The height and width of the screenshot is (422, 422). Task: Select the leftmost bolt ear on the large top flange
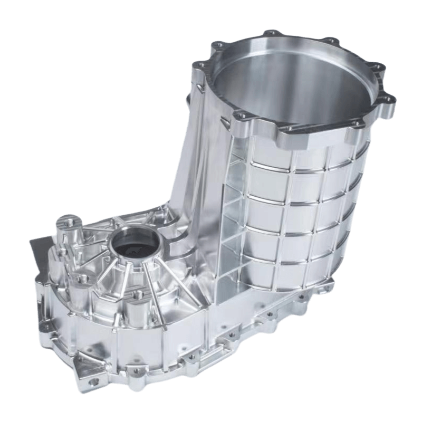[199, 66]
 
